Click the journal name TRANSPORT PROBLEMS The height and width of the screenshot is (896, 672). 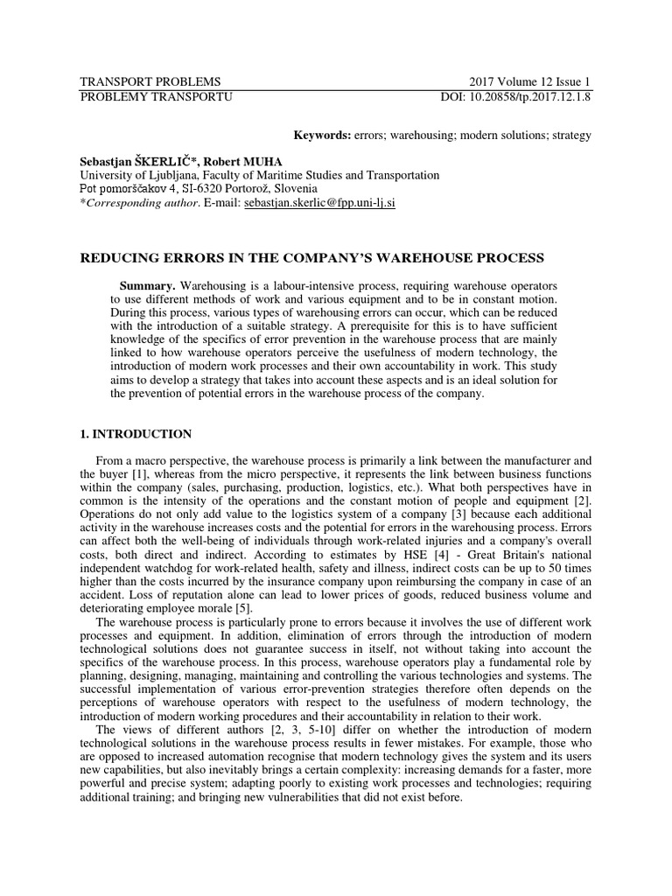[150, 81]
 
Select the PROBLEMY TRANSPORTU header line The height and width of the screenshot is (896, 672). [156, 96]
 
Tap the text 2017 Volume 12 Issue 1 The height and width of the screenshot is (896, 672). [530, 81]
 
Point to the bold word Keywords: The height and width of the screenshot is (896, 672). [321, 135]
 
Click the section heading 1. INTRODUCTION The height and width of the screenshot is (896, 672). [136, 434]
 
